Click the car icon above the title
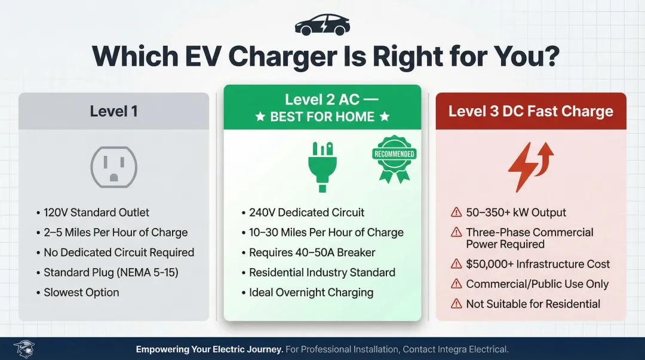tap(322, 25)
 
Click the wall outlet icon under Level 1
tap(113, 167)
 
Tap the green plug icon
tap(322, 165)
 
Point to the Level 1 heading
tap(113, 111)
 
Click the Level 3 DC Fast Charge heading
tap(530, 111)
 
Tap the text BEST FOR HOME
tap(322, 117)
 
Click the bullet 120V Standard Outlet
tap(96, 213)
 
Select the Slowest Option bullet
tap(81, 293)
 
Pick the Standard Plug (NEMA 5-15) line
tap(110, 273)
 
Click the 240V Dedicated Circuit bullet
tap(306, 213)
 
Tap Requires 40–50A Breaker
tap(312, 253)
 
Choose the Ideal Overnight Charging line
tap(311, 293)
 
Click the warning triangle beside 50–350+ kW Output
tap(456, 213)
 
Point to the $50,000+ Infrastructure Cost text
tap(538, 264)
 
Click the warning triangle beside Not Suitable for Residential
tap(456, 304)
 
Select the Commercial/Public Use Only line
tap(537, 284)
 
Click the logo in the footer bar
tap(24, 349)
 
